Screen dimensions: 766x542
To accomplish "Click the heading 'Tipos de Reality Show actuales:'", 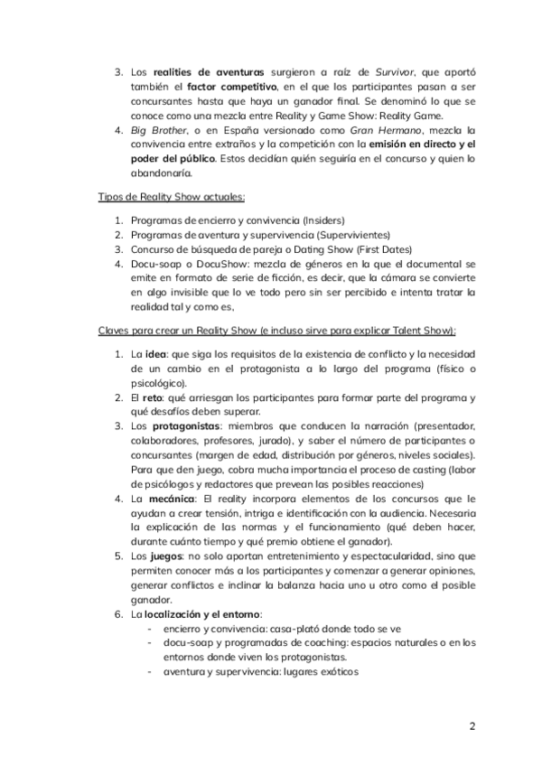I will pyautogui.click(x=172, y=196).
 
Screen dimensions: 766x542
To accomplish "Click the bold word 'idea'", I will pyautogui.click(x=158, y=353).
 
